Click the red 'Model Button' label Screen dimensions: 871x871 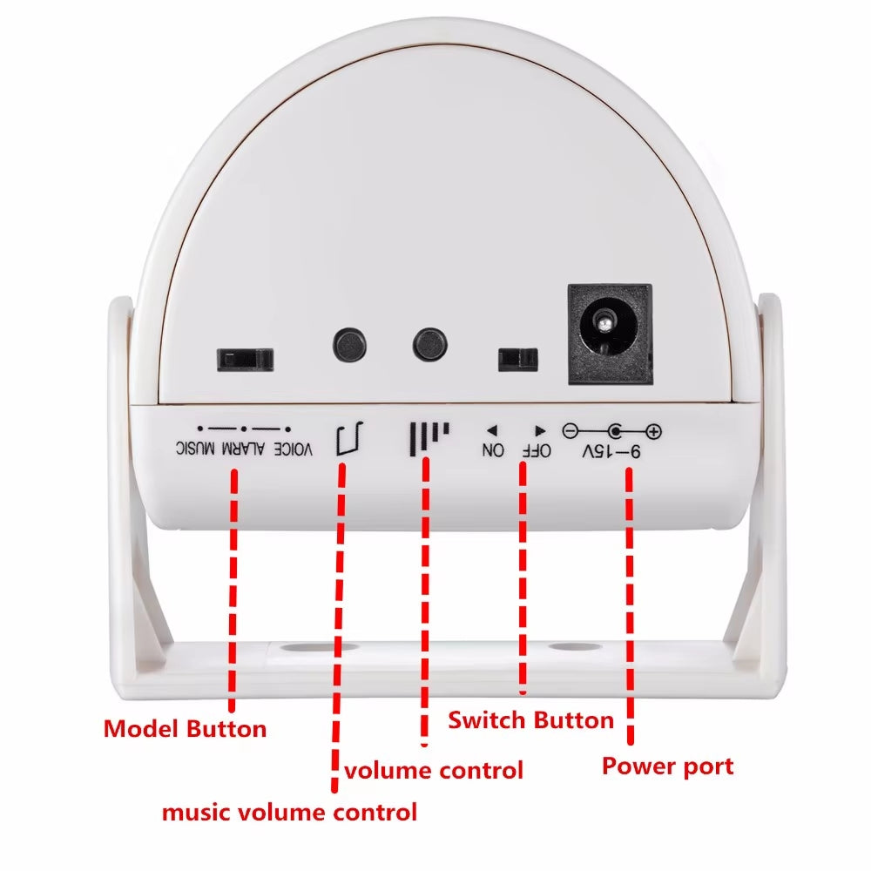pyautogui.click(x=185, y=728)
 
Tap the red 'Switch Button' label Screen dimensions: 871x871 pyautogui.click(x=530, y=720)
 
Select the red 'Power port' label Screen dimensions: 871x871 pyautogui.click(x=667, y=766)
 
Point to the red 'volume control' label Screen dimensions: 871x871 pyautogui.click(x=433, y=770)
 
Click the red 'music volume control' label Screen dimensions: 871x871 pyautogui.click(x=289, y=813)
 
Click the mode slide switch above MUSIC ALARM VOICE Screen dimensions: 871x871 pyautogui.click(x=245, y=358)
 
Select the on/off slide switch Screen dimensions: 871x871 pyautogui.click(x=517, y=358)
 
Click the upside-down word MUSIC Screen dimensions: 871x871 pyautogui.click(x=195, y=449)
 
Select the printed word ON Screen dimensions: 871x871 pyautogui.click(x=493, y=450)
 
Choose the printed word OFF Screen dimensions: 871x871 pyautogui.click(x=537, y=450)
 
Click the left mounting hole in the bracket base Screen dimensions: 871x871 pyautogui.click(x=303, y=649)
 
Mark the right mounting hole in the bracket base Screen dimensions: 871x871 pyautogui.click(x=569, y=649)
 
